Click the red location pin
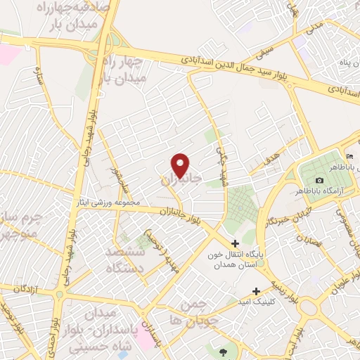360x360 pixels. (181, 165)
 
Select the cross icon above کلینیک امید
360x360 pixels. (256, 290)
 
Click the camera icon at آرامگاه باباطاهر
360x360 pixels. (319, 181)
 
